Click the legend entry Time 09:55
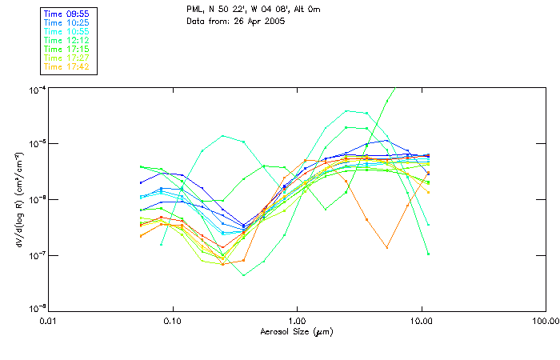coord(68,14)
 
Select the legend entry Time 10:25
coord(68,23)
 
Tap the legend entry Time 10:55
coord(68,32)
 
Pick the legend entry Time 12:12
coord(68,41)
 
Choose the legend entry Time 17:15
coord(68,50)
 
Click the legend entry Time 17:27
coord(68,58)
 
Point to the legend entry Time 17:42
coord(68,67)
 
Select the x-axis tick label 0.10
coord(173,319)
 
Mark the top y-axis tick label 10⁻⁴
coord(37,88)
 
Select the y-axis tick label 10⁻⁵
coord(37,143)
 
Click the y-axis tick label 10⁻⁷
coord(37,254)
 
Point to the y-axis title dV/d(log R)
coord(18,198)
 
